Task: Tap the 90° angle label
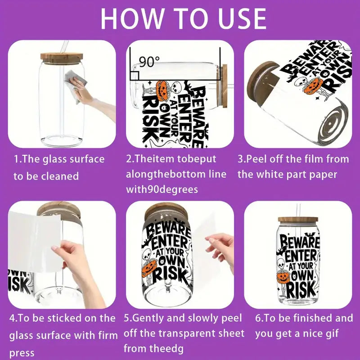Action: [147, 62]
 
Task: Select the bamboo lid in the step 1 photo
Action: [62, 57]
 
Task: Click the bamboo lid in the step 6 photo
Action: [297, 220]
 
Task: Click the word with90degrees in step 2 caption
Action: [162, 189]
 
